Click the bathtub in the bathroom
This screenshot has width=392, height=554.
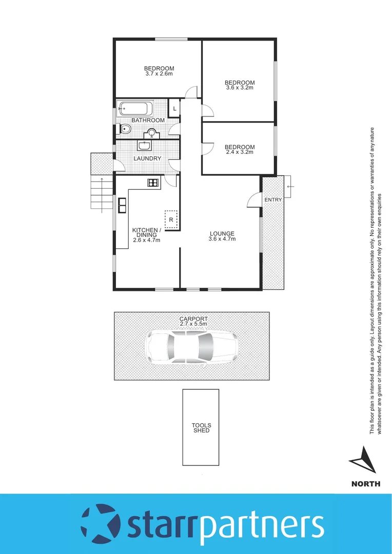coord(135,109)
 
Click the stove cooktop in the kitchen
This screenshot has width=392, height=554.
coord(153,182)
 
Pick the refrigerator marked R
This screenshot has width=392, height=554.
coord(171,219)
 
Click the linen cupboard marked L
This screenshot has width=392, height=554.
coord(174,108)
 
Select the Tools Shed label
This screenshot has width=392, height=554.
coord(201,428)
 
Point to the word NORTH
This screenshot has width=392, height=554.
coord(366,483)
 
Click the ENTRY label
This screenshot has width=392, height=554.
coord(273,200)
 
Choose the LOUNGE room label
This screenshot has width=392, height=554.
coord(222,234)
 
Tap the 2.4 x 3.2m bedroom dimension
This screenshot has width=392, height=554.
coord(240,152)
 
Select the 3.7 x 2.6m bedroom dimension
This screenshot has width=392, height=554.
coord(159,74)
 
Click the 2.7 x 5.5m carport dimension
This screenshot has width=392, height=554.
coord(193,324)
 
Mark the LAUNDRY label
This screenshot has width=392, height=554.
coord(147,159)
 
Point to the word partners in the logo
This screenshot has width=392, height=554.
coord(261,525)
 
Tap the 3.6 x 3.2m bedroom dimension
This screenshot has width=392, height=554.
coord(240,88)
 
